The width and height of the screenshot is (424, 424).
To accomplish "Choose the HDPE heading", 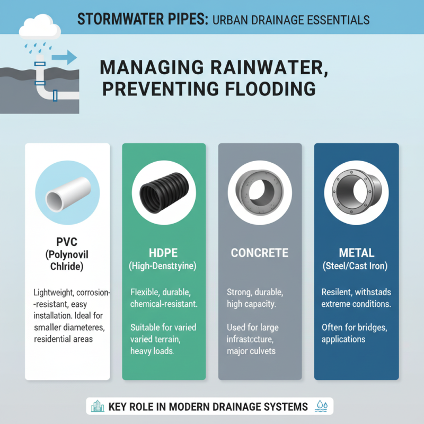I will pyautogui.click(x=163, y=252).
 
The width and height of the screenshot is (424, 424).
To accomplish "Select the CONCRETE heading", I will pyautogui.click(x=260, y=253).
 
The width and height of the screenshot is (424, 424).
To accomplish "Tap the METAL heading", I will pyautogui.click(x=356, y=253).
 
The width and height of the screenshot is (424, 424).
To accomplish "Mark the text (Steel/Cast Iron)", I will pyautogui.click(x=356, y=267).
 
